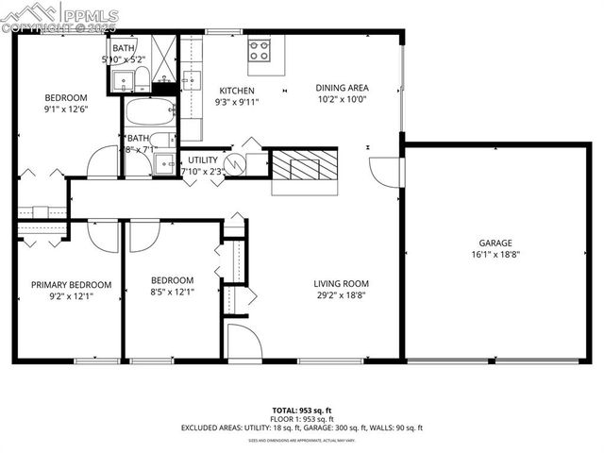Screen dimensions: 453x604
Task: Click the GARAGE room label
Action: coord(495,242)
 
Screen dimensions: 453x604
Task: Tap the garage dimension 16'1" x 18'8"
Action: coord(495,254)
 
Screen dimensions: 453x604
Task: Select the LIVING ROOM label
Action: coord(342,283)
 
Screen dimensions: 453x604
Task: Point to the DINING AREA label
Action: coord(342,88)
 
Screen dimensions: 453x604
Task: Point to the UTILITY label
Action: coord(203,160)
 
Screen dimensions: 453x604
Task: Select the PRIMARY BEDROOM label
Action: coord(71,284)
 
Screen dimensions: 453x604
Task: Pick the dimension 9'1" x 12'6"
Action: coord(66,109)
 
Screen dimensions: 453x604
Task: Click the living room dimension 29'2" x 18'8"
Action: coord(342,295)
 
